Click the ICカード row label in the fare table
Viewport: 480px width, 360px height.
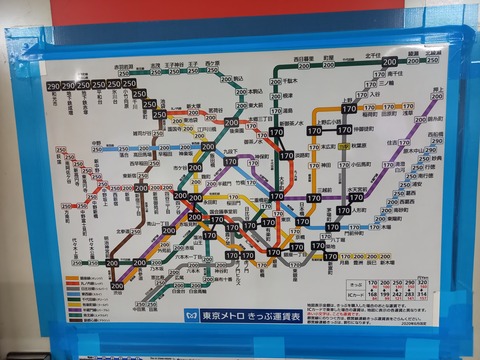click(345, 295)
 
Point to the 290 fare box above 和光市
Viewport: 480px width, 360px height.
click(53, 86)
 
